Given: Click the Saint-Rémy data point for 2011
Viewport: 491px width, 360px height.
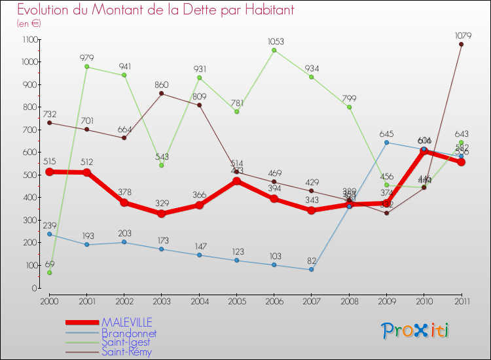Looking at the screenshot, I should point(461,45).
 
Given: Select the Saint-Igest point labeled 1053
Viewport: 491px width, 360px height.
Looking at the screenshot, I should point(274,50).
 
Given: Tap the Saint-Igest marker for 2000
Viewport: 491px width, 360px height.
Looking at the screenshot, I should point(49,272).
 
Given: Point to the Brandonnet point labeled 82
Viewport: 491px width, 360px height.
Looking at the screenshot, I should point(311,270).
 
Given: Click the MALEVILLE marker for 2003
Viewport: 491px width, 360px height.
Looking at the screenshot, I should point(161,213).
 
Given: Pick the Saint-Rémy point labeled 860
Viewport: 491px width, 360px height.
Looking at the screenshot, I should point(161,94).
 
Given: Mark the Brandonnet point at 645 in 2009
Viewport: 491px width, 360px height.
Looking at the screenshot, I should point(386,142).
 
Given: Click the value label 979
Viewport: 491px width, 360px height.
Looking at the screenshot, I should point(87,58).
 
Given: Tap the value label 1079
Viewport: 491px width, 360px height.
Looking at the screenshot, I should point(462,35).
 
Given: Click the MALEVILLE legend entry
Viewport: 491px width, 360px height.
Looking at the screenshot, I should point(127,322).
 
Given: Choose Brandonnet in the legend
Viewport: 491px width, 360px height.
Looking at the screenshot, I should point(129,333).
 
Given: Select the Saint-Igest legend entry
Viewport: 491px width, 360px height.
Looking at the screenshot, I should point(126,342).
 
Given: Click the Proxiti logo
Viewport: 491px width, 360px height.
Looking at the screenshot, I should point(416,331).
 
